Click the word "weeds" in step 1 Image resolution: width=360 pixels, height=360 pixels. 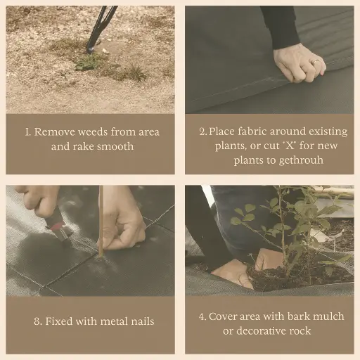click(93, 131)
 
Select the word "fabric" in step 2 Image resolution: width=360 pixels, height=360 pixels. click(252, 131)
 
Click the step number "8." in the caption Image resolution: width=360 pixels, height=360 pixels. click(38, 321)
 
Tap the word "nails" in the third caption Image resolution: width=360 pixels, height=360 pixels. click(143, 321)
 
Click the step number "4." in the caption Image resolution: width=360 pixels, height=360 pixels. click(202, 316)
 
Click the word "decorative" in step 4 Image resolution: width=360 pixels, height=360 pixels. click(261, 331)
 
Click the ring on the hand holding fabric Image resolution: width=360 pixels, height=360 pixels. click(316, 62)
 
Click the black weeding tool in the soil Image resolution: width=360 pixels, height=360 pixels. click(101, 28)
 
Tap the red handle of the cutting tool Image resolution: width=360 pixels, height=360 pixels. click(56, 225)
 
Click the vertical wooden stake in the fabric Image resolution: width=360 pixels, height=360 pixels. click(101, 221)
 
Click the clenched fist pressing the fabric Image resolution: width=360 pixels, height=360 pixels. click(300, 63)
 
